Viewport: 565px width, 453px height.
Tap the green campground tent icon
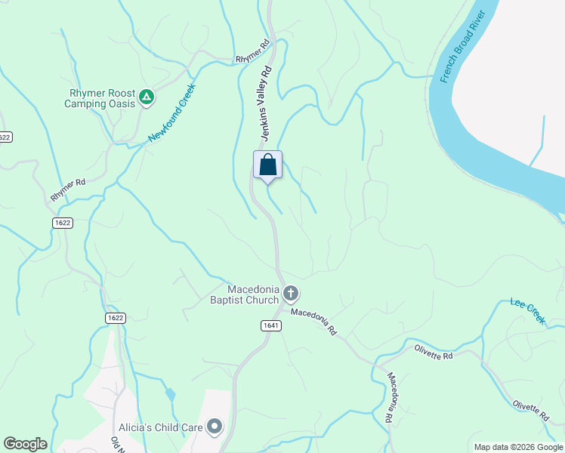[147, 97]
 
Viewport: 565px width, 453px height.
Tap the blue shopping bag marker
[267, 165]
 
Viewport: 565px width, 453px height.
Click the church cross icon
[291, 294]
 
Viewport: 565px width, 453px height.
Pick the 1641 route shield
[272, 325]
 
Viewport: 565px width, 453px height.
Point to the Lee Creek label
[528, 311]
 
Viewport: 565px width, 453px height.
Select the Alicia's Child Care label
[160, 427]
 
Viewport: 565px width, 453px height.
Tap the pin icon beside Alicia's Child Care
[215, 427]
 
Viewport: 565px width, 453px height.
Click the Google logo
[25, 444]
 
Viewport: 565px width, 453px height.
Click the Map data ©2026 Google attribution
[517, 447]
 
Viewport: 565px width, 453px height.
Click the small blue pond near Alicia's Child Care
[171, 394]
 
